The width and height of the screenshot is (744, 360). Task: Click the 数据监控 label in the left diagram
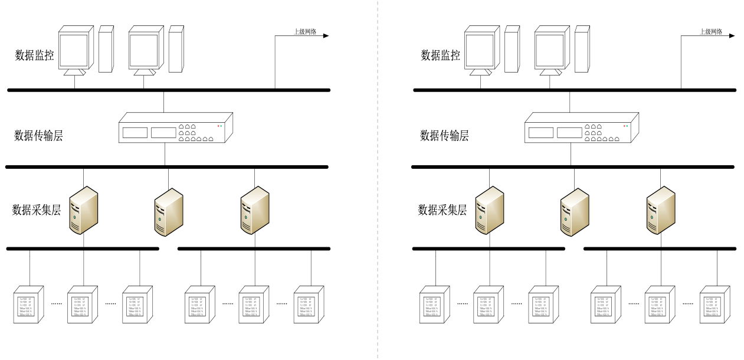pos(35,56)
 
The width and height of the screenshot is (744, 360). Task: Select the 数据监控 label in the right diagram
pos(440,56)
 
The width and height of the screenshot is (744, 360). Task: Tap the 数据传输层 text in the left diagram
pos(38,136)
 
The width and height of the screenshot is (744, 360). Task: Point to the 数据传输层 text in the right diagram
pos(444,136)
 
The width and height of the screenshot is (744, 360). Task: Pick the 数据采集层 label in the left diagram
pos(37,210)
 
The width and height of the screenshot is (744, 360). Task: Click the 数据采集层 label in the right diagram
pos(443,210)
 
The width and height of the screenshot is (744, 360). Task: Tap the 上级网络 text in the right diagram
pos(711,32)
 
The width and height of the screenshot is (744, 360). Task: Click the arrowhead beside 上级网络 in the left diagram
pos(325,35)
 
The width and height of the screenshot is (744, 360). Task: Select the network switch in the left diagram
pos(176,128)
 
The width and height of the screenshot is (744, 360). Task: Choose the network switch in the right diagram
pos(582,128)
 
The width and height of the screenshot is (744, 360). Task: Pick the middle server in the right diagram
pos(575,212)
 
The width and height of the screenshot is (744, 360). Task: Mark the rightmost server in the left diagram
pos(255,211)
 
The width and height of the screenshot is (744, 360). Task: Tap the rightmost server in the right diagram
pos(661,211)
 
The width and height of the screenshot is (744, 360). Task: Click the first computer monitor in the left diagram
pos(76,51)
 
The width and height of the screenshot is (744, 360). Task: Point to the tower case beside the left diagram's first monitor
pos(106,49)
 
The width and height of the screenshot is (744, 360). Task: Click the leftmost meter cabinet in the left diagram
pos(29,305)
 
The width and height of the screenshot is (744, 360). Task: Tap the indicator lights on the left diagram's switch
pos(220,126)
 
